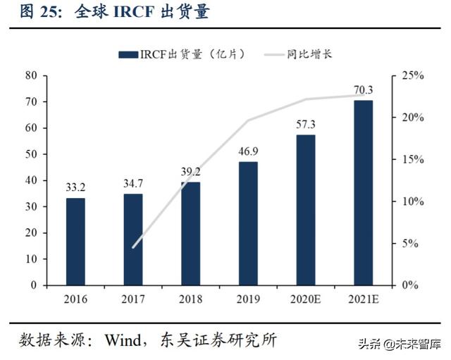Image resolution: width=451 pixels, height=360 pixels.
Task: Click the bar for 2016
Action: [75, 242]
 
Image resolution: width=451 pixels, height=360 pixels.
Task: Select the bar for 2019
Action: [248, 223]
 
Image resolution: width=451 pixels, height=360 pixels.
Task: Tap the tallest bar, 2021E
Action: [363, 192]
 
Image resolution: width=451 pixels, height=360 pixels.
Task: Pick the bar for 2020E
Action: [305, 210]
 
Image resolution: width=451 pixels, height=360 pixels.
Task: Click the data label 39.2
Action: [190, 171]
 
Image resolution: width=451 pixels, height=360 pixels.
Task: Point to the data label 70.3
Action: [363, 89]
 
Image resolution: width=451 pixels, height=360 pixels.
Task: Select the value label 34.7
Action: [132, 183]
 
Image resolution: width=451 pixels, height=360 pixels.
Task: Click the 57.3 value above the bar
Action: [305, 124]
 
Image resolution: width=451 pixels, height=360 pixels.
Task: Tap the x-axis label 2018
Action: [190, 300]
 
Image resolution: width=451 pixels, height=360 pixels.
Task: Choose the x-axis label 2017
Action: [132, 300]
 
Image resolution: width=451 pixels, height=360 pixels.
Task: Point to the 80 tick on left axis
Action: [30, 75]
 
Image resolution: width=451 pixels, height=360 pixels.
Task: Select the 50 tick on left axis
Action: [30, 154]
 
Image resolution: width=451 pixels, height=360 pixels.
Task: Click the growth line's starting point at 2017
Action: [132, 247]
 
